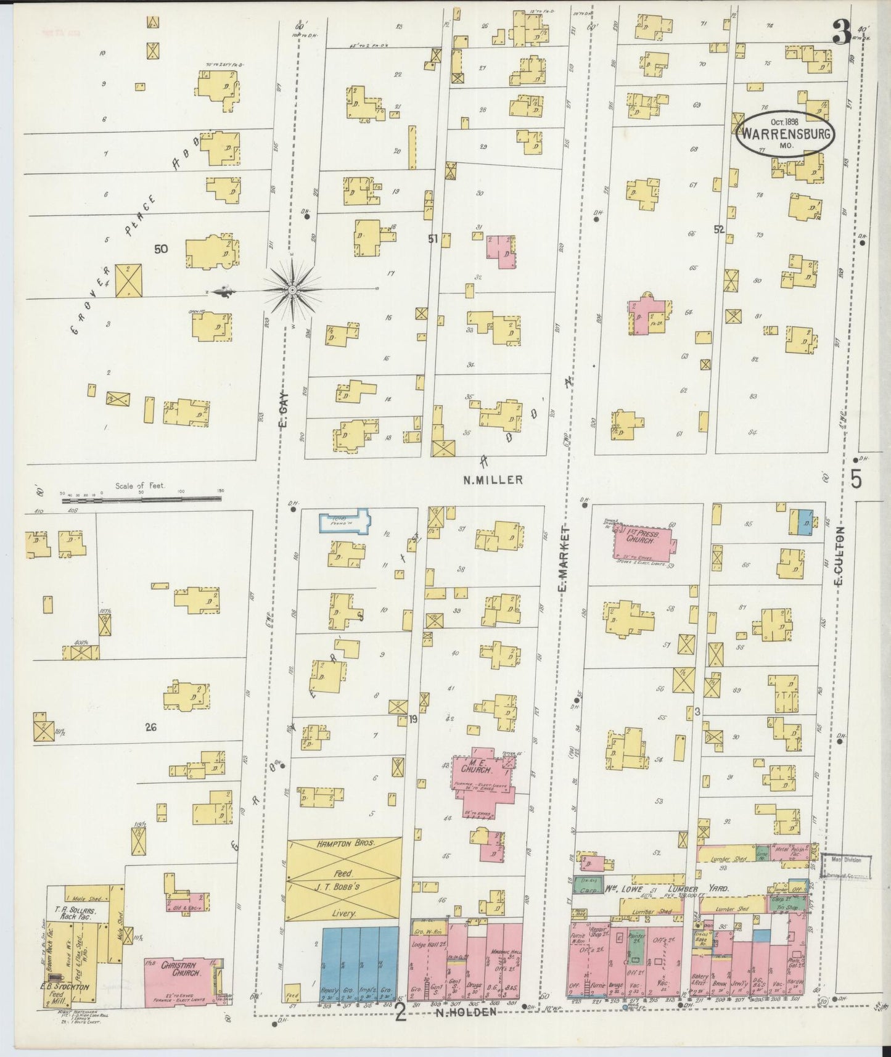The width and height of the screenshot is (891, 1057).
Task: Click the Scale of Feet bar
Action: coord(142,500)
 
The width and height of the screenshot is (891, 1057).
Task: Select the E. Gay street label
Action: coord(284,411)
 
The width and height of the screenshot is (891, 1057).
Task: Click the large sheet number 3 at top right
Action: coord(840,33)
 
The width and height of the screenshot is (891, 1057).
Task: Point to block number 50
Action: coord(161,249)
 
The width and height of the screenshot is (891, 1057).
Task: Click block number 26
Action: coord(150,727)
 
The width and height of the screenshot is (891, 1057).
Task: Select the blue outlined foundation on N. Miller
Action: coord(343,519)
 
